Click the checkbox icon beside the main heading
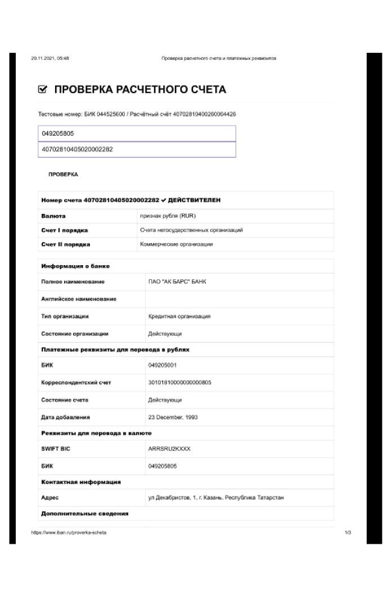(x=42, y=90)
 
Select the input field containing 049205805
(x=136, y=133)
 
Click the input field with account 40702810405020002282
(x=136, y=149)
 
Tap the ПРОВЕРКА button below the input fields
(x=63, y=175)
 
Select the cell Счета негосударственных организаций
(x=191, y=230)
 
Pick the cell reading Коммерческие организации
(x=176, y=244)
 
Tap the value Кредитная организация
(x=179, y=316)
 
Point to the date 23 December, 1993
(x=173, y=417)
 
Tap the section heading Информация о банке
(x=75, y=266)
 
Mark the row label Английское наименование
(x=79, y=299)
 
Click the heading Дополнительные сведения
(x=85, y=513)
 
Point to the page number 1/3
(x=348, y=532)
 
